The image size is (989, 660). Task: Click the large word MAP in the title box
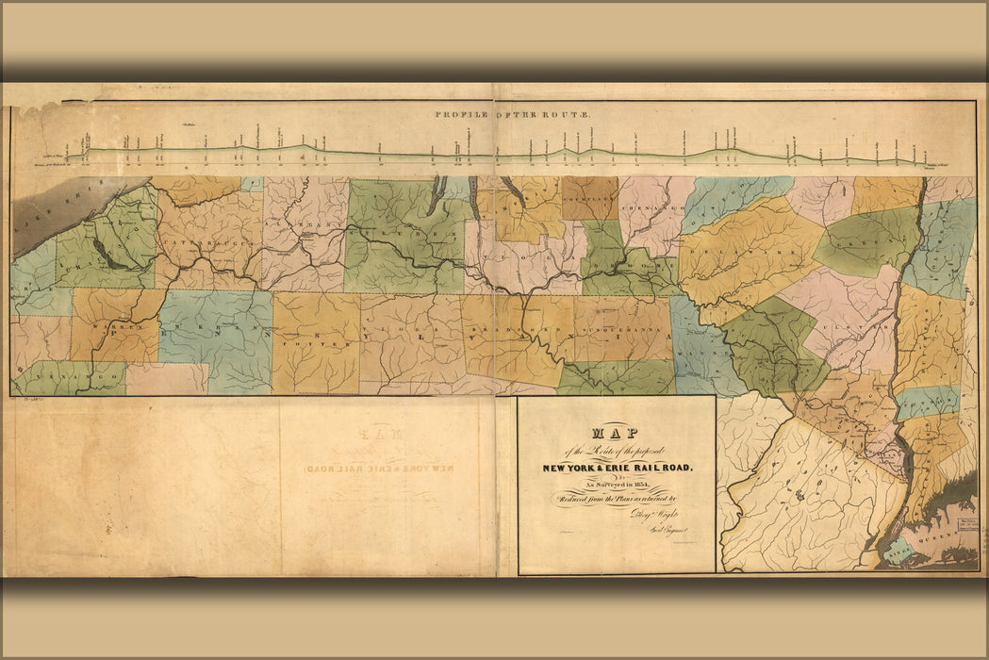[616, 435]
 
